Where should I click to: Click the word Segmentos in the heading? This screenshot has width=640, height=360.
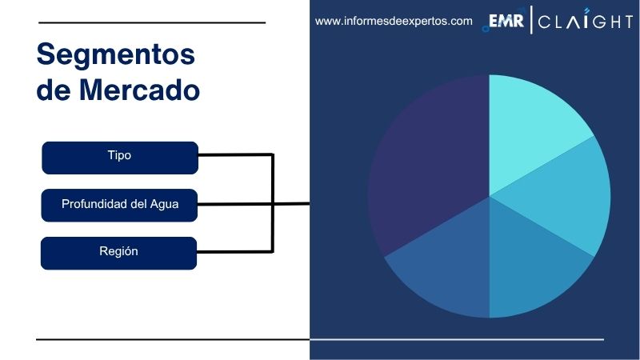(x=116, y=55)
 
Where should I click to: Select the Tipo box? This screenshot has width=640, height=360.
(x=119, y=157)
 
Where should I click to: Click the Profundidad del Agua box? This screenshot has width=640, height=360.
(x=119, y=205)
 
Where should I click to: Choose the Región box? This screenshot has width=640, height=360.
(x=119, y=252)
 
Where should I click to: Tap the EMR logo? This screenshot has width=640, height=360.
(x=506, y=22)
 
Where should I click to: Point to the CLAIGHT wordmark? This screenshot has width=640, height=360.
(x=585, y=22)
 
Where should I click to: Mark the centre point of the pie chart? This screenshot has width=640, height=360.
(x=489, y=195)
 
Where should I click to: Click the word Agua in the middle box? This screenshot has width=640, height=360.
(x=164, y=205)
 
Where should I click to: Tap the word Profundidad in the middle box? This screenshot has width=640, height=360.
(x=95, y=205)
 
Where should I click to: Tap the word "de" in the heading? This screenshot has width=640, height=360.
(x=53, y=90)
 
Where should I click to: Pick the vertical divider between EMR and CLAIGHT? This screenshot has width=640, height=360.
(x=531, y=22)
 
